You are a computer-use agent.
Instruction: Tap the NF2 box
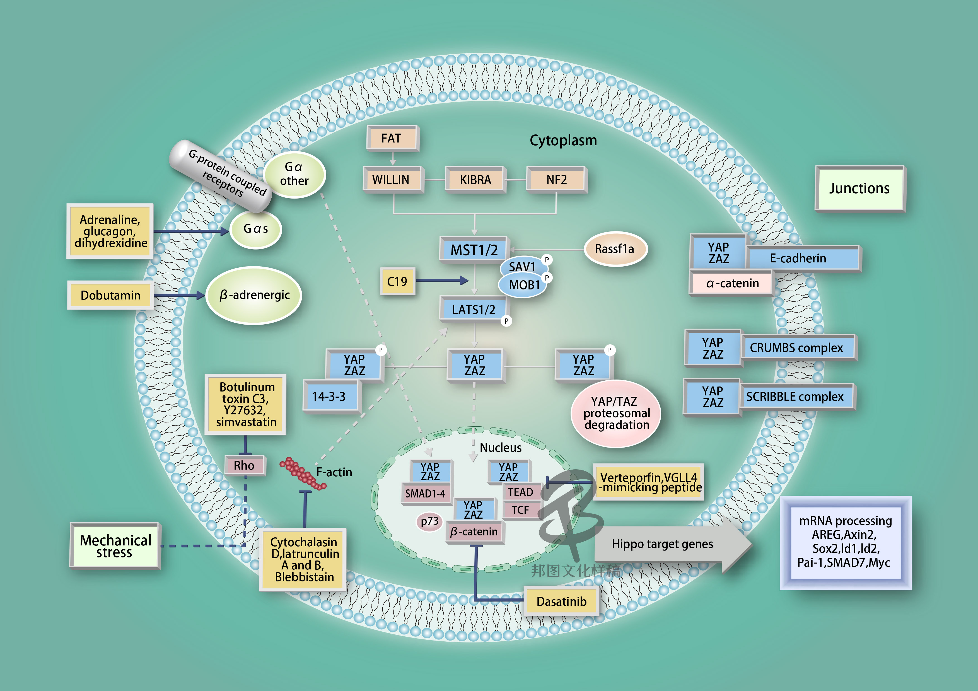pos(556,180)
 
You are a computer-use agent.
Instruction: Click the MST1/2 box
pos(474,250)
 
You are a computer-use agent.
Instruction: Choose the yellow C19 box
pos(397,281)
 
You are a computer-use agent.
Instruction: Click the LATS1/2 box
pos(473,310)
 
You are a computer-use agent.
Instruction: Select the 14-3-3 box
pos(329,397)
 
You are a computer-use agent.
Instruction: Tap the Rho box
pos(244,465)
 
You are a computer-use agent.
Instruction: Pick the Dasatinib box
pos(561,601)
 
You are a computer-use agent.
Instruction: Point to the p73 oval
pos(429,521)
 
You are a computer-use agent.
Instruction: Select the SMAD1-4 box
pos(425,493)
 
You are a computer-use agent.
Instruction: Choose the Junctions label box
pos(859,188)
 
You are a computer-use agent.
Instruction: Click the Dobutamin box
pos(110,295)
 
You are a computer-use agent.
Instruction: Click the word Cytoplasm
pos(563,140)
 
